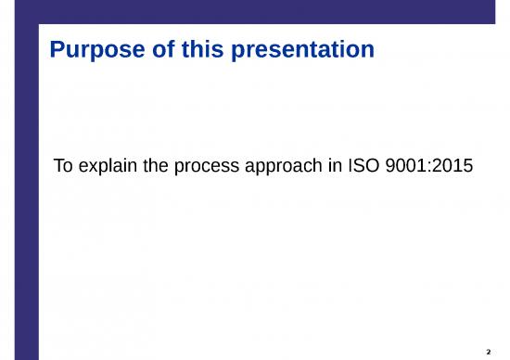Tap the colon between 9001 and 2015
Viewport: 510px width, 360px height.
(x=426, y=169)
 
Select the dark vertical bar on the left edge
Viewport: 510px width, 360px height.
(x=19, y=186)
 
